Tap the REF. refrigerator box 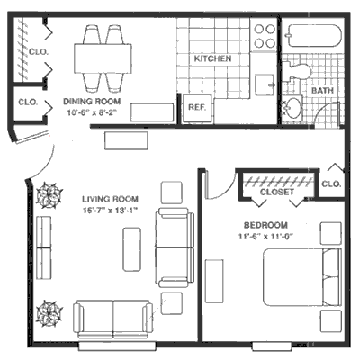tap(197, 107)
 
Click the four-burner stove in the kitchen tap(265, 35)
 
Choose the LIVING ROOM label tap(109, 200)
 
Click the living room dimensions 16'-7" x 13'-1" tap(109, 211)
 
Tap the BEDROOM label tap(265, 224)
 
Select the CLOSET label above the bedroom tap(276, 191)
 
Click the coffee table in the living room tap(131, 248)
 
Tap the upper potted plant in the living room tap(49, 196)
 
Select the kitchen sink tap(265, 84)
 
